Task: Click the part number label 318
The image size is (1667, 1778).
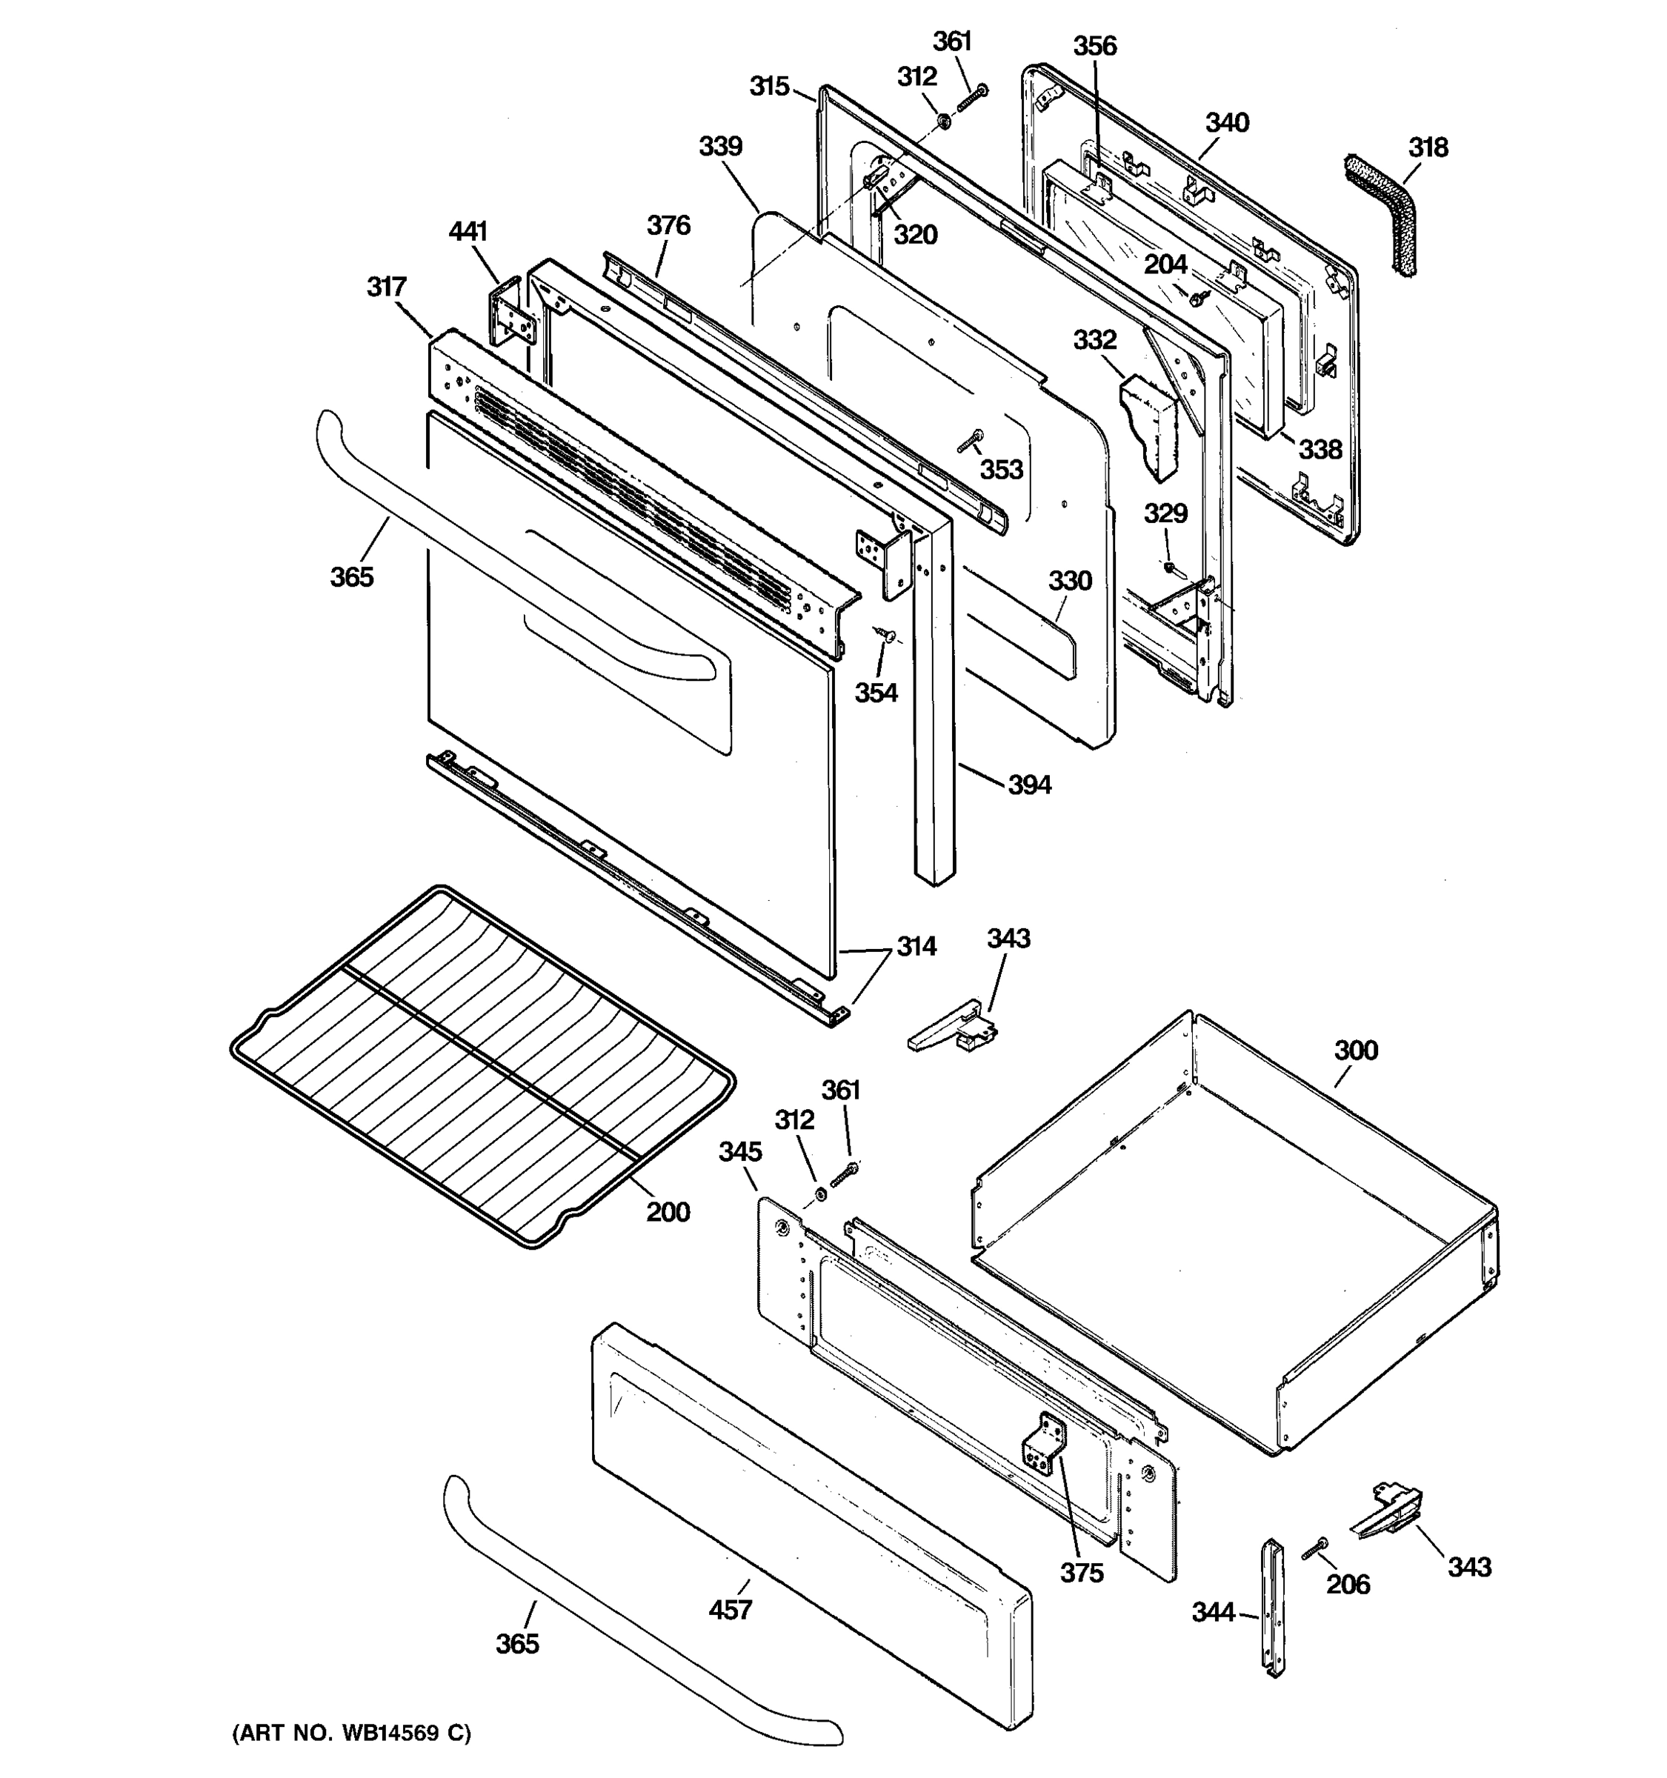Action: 1428,147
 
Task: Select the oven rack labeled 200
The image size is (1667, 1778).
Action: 483,1065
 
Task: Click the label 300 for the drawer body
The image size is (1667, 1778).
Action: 1356,1050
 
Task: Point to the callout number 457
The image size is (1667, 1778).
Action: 730,1610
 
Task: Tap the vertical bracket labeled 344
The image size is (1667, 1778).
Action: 1271,1606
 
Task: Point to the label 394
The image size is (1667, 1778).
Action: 1029,785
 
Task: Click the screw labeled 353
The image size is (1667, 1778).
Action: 971,441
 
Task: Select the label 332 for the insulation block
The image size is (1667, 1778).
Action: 1094,340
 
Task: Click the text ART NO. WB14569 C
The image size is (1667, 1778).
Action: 350,1734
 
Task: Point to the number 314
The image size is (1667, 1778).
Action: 916,946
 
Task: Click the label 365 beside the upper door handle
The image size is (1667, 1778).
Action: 351,577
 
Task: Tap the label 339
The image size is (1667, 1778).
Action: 720,147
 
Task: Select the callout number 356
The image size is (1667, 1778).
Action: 1094,46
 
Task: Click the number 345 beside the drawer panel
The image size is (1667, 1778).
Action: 739,1152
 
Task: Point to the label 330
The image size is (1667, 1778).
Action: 1070,582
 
